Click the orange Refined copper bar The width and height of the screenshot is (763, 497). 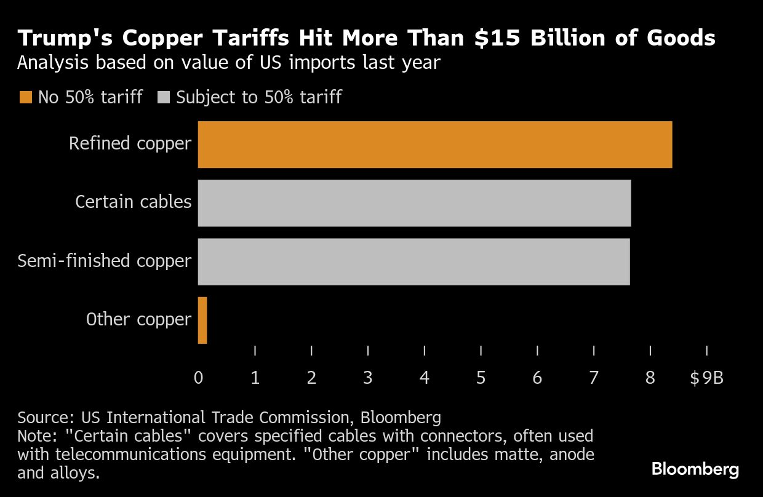434,145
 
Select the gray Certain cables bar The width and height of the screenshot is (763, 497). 414,203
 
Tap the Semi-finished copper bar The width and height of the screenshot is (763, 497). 413,261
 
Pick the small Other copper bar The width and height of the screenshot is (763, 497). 202,320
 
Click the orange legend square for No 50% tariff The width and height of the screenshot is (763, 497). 25,97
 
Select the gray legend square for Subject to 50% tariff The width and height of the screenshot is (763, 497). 164,97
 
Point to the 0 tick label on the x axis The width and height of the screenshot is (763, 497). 198,378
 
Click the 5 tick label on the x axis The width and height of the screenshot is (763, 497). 481,378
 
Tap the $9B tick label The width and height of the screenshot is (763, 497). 706,378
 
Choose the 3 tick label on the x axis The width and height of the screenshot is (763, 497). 368,378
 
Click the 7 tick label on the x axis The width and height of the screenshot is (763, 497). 594,378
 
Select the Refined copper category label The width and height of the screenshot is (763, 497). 130,144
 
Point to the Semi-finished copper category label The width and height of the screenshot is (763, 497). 105,261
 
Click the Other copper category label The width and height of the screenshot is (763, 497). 138,319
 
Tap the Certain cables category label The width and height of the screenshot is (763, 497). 133,202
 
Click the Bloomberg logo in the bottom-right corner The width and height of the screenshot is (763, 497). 695,469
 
